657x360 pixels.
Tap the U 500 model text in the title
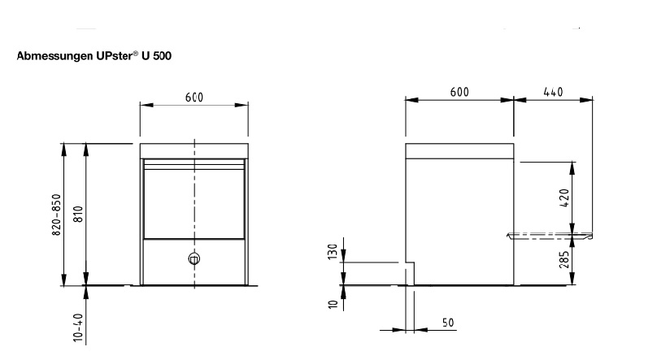156,56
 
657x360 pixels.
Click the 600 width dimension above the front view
194,98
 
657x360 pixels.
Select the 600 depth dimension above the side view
459,92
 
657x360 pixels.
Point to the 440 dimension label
553,92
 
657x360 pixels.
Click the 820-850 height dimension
57,215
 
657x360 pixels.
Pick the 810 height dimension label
78,214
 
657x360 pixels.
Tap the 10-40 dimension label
78,327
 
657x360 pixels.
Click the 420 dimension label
564,198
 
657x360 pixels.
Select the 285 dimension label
564,259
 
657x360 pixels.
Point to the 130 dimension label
333,252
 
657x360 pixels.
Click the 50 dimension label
448,323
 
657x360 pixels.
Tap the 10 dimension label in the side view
333,304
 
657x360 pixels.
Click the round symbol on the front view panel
194,258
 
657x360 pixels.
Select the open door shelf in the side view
550,236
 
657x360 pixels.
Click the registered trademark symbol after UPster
135,53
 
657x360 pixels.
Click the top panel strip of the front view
194,151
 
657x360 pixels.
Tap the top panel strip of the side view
459,151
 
